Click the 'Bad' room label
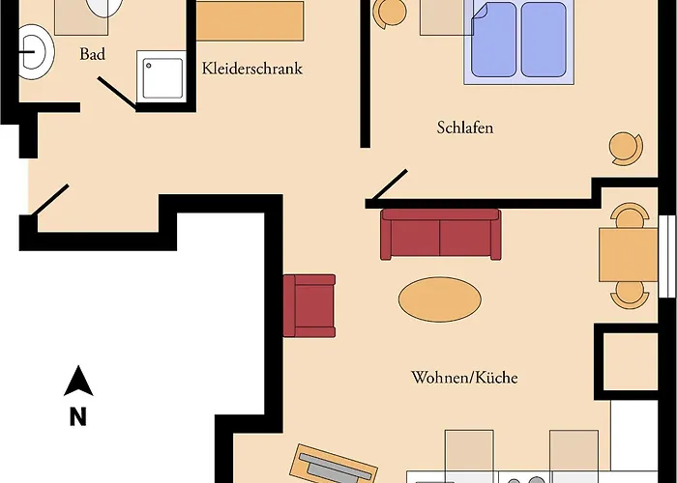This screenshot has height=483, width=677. [x=93, y=55]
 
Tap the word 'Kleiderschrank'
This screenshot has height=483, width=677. [x=252, y=70]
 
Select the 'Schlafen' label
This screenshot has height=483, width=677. [x=465, y=128]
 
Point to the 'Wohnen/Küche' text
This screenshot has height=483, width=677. [x=464, y=378]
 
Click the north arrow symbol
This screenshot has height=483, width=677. [x=78, y=383]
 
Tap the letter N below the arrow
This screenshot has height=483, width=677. [x=77, y=417]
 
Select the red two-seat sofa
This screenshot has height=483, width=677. [x=440, y=235]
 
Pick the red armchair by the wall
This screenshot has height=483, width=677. [x=309, y=305]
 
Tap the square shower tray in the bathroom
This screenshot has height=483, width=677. [x=162, y=78]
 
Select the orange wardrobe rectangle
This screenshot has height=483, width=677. [x=247, y=19]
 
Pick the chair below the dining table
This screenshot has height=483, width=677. [x=629, y=292]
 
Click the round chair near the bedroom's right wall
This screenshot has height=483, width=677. [x=624, y=147]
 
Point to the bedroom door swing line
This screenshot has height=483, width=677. [x=387, y=187]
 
